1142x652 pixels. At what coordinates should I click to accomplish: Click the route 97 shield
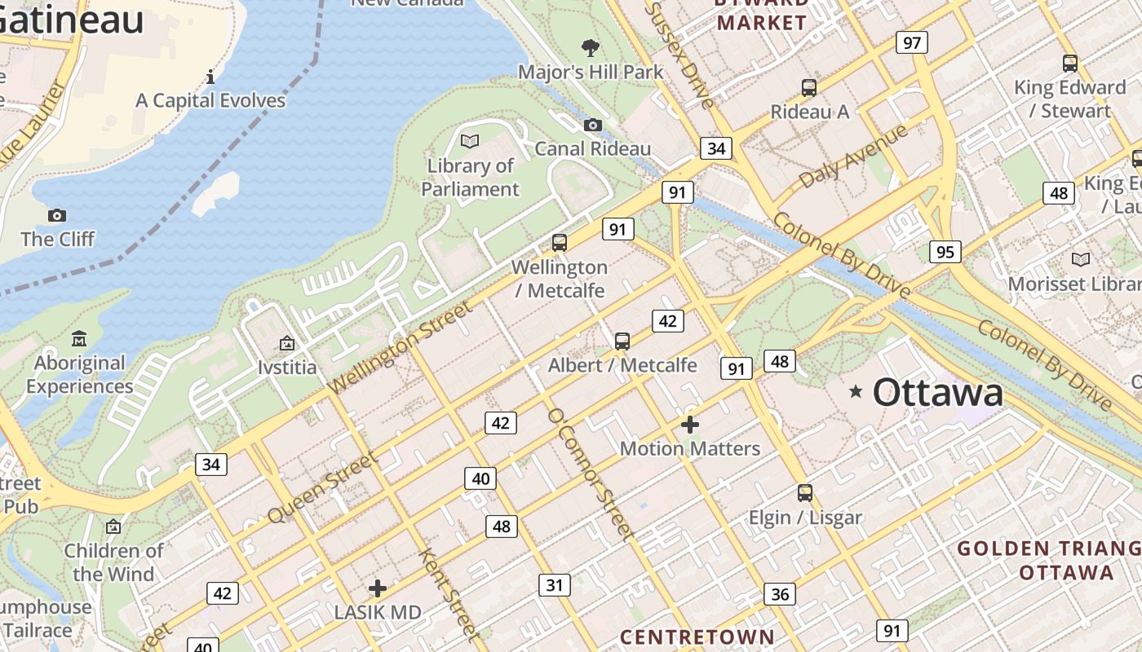coord(912,42)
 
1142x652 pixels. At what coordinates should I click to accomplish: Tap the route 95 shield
coord(945,252)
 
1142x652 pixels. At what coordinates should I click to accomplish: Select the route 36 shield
coord(780,594)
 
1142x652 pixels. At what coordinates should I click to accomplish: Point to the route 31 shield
coord(555,584)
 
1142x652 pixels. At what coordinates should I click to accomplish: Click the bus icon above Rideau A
coord(809,87)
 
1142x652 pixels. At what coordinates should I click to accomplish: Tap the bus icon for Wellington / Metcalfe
coord(560,242)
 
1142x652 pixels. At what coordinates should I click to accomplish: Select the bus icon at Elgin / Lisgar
coord(805,492)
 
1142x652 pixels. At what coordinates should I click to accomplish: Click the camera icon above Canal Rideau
coord(593,125)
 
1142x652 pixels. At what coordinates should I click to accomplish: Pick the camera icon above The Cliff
coord(57,215)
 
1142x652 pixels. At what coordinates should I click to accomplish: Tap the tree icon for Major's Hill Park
coord(591,48)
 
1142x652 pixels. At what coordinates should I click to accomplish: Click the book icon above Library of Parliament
coord(470,141)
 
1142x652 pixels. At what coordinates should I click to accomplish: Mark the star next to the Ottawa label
coord(856,392)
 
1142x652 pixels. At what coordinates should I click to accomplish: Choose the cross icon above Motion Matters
coord(690,424)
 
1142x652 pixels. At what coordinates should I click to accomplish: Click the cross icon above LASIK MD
coord(378,588)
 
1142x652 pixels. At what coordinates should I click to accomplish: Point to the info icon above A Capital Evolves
coord(210,77)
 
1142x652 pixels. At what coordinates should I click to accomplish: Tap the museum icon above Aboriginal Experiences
coord(79,338)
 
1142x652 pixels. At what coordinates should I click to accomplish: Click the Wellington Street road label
coord(401,347)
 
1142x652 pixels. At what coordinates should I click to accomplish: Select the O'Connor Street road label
coord(591,474)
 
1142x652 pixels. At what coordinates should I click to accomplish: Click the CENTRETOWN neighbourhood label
coord(697,637)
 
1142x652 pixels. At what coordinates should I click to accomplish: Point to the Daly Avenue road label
coord(853,156)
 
